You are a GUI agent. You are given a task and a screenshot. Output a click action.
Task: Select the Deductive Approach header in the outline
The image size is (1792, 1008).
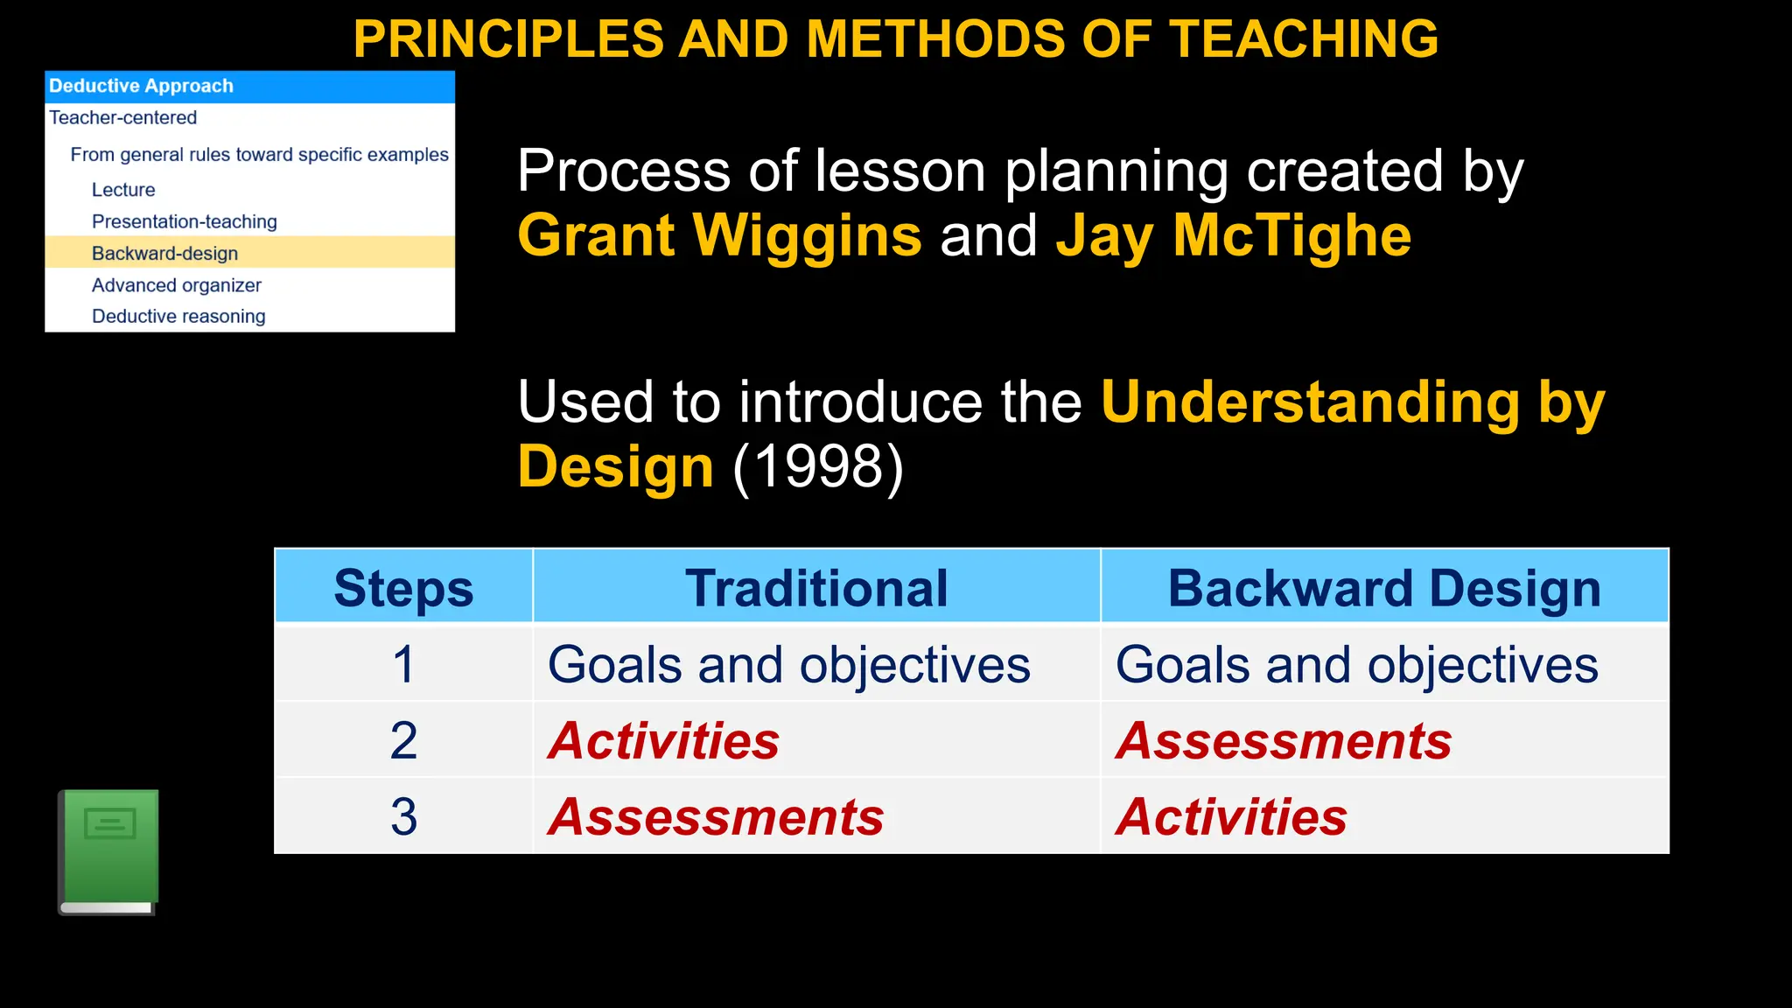tap(141, 86)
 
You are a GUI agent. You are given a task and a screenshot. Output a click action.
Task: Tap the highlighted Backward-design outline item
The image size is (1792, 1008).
tap(164, 254)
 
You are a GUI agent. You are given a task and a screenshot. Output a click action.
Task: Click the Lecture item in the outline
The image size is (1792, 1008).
tap(123, 190)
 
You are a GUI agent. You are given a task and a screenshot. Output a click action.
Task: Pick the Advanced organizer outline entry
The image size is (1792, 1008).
tap(176, 285)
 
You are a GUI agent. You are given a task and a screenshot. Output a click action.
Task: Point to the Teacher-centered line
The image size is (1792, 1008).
tap(122, 117)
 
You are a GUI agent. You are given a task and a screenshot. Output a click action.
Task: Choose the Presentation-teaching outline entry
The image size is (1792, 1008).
tap(184, 221)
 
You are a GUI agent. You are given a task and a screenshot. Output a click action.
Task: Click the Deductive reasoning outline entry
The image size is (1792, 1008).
tap(178, 317)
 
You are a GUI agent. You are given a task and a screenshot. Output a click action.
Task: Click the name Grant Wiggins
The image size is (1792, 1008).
tap(719, 235)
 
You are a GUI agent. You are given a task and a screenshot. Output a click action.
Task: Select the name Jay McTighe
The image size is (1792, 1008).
tap(1233, 235)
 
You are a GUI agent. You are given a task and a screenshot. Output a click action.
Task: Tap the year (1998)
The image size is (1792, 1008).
tap(817, 466)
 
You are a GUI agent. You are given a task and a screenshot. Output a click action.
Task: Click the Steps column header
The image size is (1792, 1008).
tap(403, 587)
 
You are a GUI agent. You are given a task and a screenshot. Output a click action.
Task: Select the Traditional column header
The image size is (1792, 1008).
tap(816, 587)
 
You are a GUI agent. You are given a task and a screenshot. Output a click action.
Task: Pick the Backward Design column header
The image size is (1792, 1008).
tap(1384, 587)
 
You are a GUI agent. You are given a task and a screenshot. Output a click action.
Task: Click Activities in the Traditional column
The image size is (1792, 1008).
tap(663, 740)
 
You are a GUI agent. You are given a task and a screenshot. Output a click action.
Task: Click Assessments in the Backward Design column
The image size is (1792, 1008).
tap(1284, 740)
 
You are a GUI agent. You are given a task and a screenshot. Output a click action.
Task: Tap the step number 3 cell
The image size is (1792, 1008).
tap(403, 816)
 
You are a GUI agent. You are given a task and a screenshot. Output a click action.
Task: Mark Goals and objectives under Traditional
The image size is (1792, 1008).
tap(788, 664)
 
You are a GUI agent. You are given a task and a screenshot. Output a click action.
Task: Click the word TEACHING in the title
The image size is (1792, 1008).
tap(1304, 39)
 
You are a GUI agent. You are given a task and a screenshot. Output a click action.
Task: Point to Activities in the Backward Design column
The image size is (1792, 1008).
tap(1231, 816)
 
